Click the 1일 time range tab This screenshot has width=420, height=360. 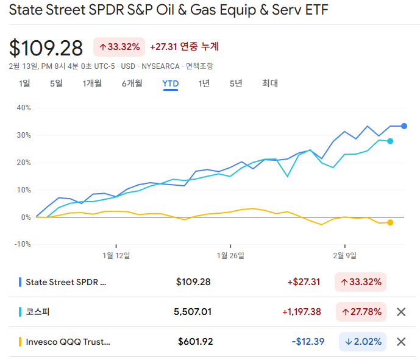(24, 83)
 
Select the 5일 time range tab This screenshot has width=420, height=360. (56, 83)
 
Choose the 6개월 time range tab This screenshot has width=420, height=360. (132, 83)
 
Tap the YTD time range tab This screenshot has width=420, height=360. (170, 83)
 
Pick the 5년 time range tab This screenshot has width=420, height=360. (236, 83)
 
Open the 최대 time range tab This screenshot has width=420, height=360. (269, 83)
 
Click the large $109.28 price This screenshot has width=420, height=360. (46, 48)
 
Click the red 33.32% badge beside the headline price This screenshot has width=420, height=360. (119, 47)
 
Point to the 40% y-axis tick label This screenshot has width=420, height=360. (23, 108)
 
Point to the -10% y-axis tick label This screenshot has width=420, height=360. (22, 244)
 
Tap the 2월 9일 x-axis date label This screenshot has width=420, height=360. (344, 255)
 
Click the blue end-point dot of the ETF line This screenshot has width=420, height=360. (404, 126)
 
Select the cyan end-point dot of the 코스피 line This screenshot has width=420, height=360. (390, 141)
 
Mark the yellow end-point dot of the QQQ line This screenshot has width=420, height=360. (390, 222)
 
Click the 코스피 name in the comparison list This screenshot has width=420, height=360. (37, 312)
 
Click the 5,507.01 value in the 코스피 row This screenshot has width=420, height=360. (193, 312)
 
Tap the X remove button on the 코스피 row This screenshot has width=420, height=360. (401, 312)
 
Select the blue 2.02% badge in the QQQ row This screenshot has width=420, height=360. (363, 342)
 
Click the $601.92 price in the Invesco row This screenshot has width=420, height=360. (195, 342)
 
